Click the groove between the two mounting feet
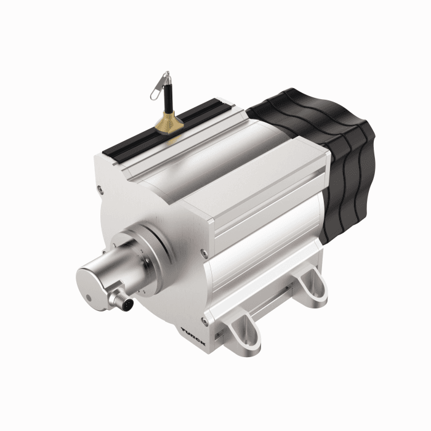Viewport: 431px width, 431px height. click(x=277, y=314)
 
